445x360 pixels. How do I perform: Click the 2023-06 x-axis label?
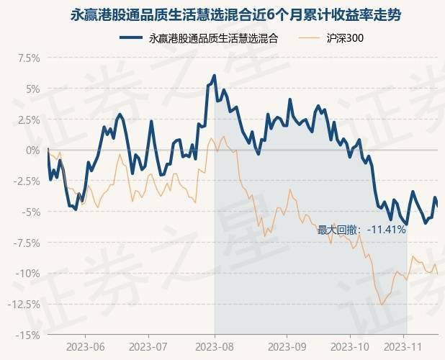coord(85,346)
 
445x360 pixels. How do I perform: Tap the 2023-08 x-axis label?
coord(215,346)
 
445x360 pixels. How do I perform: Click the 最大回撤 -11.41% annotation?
coord(361,230)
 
